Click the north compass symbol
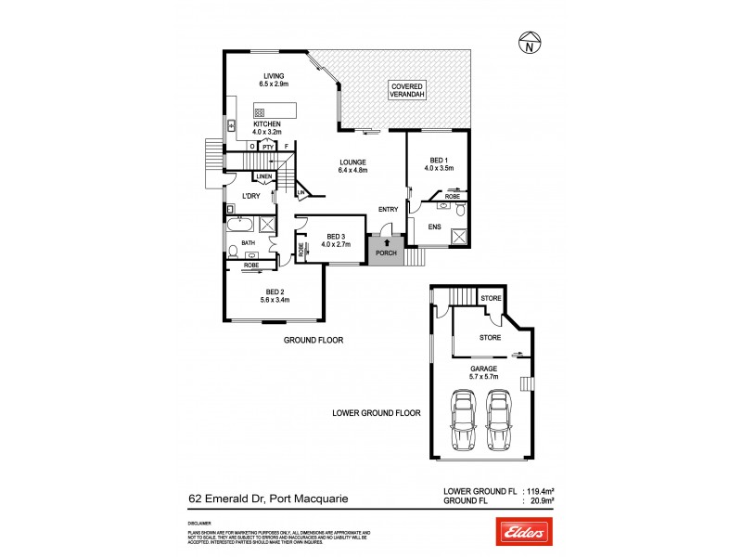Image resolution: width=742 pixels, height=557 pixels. (x=528, y=44)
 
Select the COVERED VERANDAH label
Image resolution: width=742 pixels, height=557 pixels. (x=409, y=89)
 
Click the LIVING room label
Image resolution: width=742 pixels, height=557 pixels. (x=273, y=76)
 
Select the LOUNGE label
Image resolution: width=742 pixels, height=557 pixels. (x=354, y=162)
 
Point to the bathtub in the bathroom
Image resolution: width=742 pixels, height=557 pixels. (x=240, y=224)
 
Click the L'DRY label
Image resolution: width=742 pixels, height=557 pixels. (x=250, y=196)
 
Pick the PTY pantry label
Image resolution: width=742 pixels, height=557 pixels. (x=267, y=147)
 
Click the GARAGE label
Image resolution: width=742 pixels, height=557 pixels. (x=481, y=369)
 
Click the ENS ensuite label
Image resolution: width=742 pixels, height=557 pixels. (x=434, y=226)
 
